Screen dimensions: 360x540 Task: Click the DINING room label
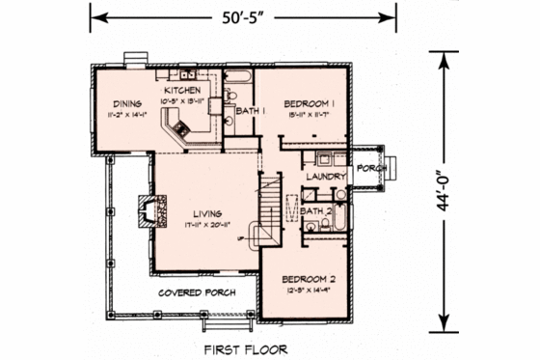pos(127,104)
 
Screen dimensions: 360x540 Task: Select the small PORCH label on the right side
pos(370,167)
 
